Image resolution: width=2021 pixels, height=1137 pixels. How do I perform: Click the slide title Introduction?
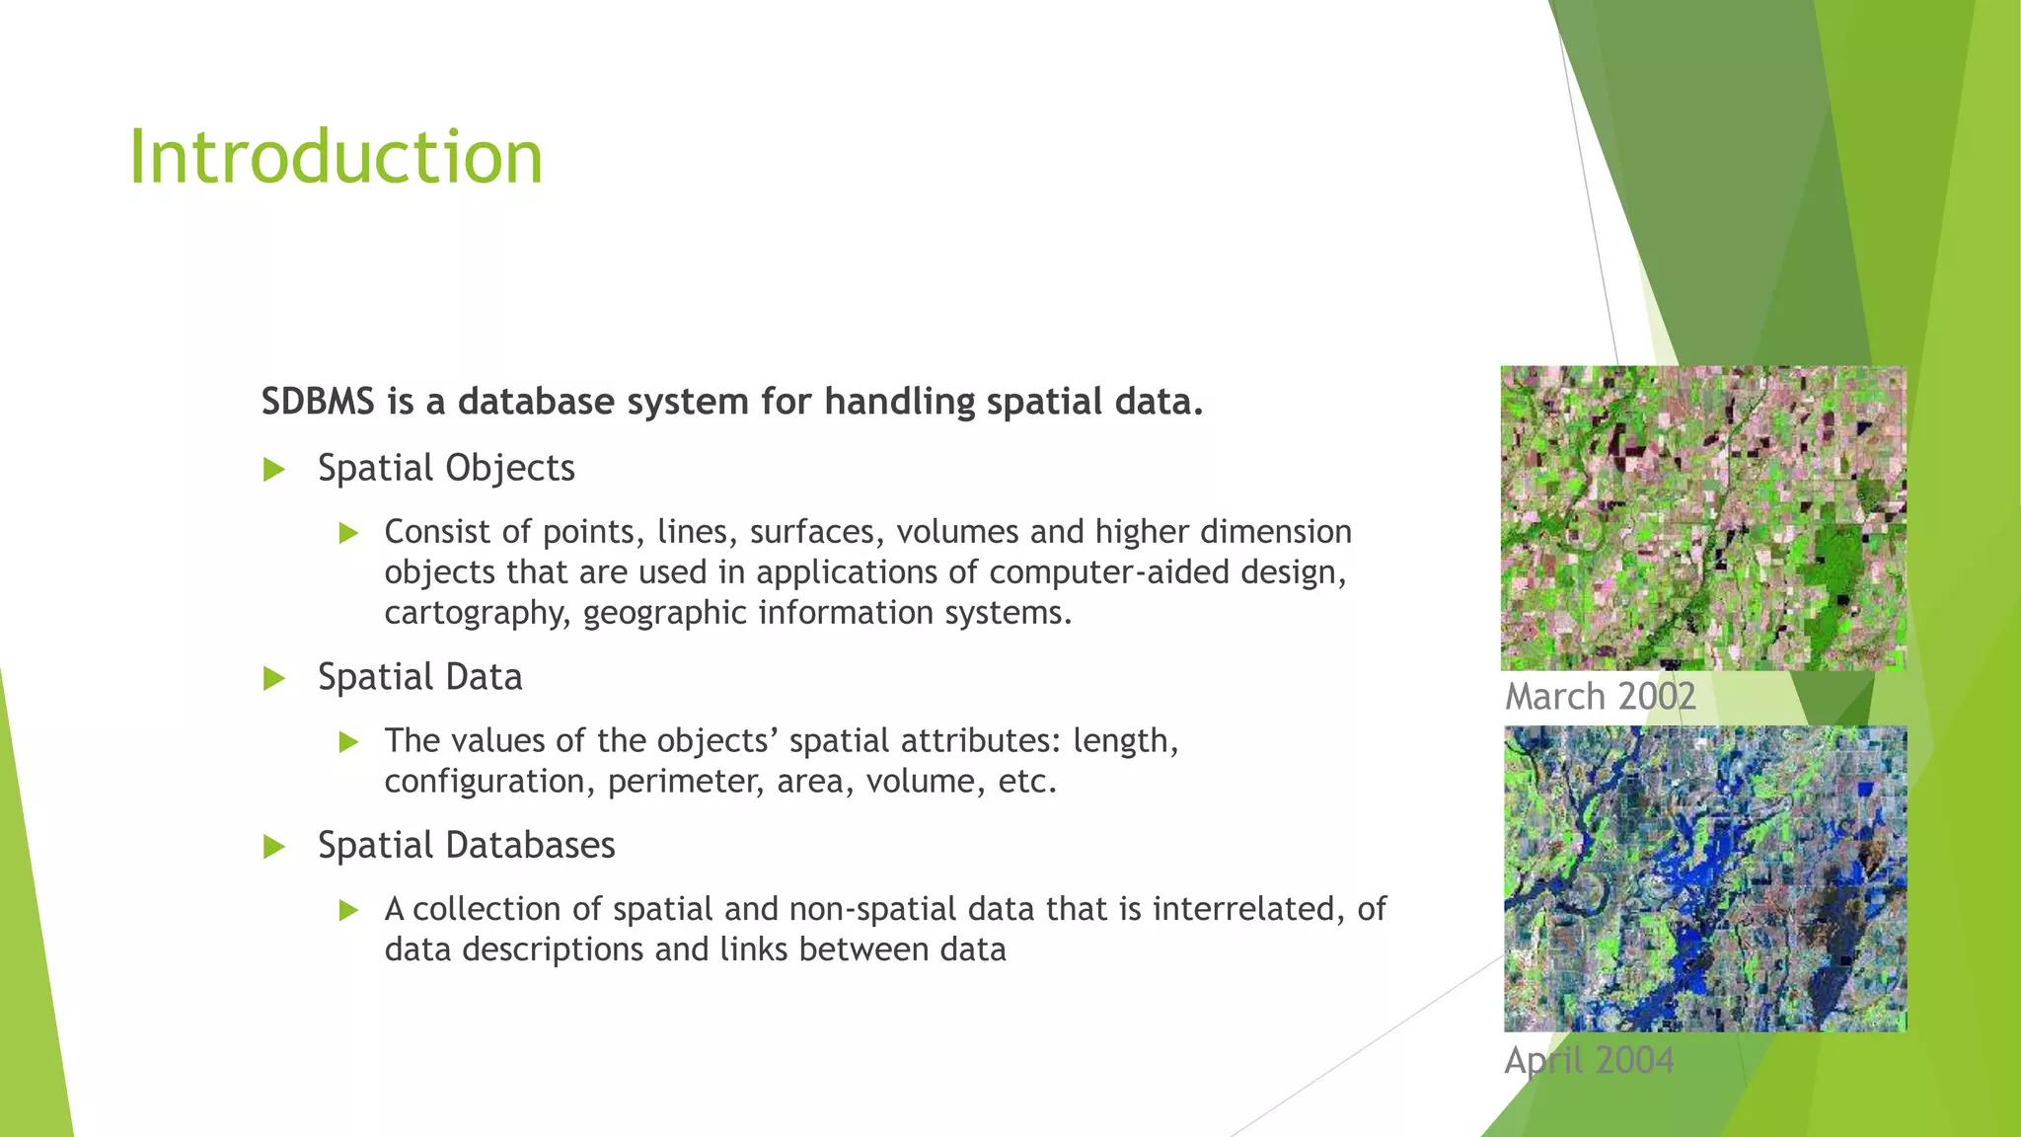coord(336,158)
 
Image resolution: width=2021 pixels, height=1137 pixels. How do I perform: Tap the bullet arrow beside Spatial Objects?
coord(274,470)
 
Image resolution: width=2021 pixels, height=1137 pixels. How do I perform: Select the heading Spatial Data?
coord(419,677)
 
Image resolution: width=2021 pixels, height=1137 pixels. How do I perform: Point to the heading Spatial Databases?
coord(466,846)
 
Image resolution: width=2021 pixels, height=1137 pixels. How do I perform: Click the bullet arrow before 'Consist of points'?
coord(348,534)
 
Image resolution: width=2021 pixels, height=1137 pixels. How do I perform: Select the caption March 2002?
coord(1600,697)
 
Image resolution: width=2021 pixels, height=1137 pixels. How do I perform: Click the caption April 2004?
coord(1589,1061)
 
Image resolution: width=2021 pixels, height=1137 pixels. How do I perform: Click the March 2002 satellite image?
coord(1703,518)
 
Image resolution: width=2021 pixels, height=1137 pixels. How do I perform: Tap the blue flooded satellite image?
coord(1705,878)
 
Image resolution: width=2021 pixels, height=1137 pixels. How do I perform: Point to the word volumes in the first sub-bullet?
coord(957,532)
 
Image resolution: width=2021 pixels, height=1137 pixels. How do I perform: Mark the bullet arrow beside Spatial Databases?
coord(274,847)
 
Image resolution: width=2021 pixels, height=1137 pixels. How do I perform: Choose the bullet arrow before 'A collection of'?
coord(348,911)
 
